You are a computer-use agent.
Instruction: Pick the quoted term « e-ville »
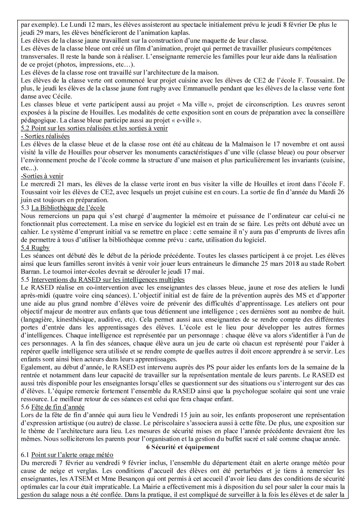[x=185, y=120]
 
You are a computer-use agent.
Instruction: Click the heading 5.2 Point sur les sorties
[x=94, y=128]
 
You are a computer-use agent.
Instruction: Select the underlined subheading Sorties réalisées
[x=45, y=136]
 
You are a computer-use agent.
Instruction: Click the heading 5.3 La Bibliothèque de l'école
[x=63, y=208]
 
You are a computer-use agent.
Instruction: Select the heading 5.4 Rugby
[x=35, y=248]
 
